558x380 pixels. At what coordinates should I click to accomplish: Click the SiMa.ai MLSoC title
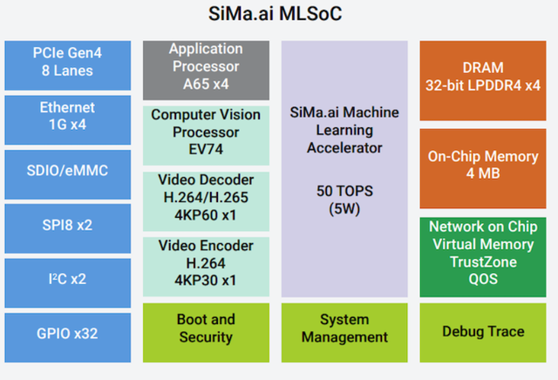coord(278,17)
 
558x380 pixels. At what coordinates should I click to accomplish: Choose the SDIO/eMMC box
coord(69,172)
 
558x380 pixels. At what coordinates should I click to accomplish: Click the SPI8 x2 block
coord(69,225)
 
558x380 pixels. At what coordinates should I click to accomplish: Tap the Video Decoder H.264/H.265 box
coord(206,197)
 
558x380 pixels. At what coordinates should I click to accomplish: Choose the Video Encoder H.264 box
coord(206,262)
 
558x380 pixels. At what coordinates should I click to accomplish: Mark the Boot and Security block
coord(206,329)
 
